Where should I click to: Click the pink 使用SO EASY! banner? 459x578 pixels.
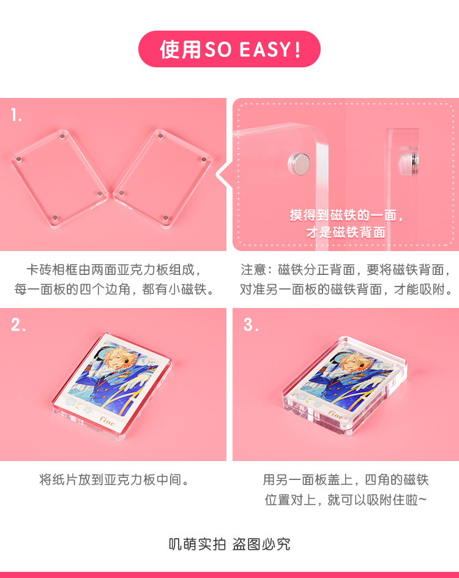click(229, 49)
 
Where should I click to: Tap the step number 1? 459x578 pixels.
click(17, 115)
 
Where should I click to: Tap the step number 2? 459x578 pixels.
click(18, 325)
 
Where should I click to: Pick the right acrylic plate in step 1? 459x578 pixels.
click(163, 178)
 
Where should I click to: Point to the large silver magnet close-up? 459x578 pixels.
click(299, 162)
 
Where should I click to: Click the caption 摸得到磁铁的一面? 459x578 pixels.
click(346, 216)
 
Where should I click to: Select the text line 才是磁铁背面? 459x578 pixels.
click(346, 233)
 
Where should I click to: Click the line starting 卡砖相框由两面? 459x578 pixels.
click(114, 270)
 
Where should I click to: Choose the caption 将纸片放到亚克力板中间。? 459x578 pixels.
click(114, 479)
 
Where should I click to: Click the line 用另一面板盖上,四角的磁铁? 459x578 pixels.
click(346, 479)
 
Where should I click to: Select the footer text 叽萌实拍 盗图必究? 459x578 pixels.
click(229, 544)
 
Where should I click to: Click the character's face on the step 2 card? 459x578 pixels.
click(114, 362)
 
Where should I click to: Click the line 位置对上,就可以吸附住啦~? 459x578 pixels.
click(346, 500)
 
